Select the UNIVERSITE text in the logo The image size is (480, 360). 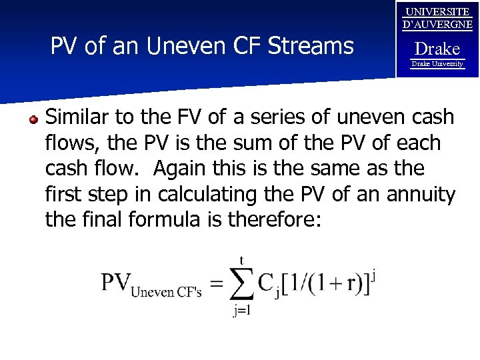click(x=437, y=12)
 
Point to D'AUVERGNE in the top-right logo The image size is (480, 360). click(x=437, y=25)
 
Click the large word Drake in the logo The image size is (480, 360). click(x=437, y=49)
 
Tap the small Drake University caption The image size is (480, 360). click(x=437, y=64)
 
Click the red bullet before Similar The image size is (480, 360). click(x=33, y=119)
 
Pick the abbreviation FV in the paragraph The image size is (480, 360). click(x=189, y=118)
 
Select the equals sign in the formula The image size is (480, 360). click(x=216, y=285)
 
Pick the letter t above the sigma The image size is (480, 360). click(x=241, y=259)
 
